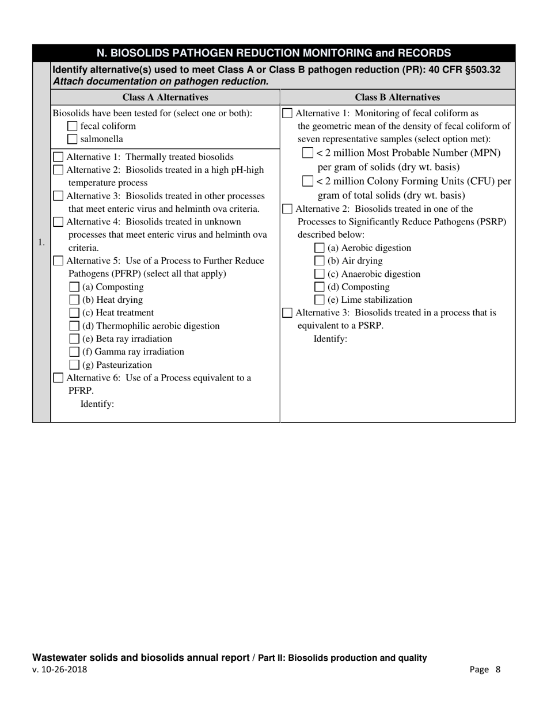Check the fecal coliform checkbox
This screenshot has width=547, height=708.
[73, 126]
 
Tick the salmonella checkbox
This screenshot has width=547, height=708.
[73, 139]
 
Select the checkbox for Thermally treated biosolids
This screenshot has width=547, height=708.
[59, 157]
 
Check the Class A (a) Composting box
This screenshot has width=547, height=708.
[74, 287]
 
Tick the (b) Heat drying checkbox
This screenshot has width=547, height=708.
[74, 300]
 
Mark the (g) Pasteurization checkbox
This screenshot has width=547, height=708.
[74, 365]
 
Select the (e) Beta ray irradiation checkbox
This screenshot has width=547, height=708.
[74, 339]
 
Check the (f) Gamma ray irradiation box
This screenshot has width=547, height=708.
[74, 352]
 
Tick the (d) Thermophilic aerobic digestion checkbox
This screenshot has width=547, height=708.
[74, 326]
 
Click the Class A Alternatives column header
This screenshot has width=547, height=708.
[165, 97]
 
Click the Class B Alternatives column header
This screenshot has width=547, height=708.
[397, 97]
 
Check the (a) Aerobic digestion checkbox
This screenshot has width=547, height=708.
[320, 248]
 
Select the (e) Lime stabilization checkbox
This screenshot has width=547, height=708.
[320, 300]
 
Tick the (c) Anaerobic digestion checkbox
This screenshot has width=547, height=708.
[320, 274]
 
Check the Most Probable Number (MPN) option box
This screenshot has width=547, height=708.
[308, 153]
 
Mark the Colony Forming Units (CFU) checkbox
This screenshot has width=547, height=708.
[308, 181]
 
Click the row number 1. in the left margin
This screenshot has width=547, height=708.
[41, 242]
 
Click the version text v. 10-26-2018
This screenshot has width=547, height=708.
[60, 669]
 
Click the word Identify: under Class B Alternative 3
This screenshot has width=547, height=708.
[330, 339]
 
